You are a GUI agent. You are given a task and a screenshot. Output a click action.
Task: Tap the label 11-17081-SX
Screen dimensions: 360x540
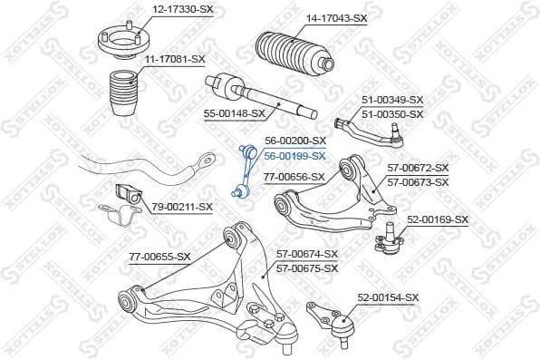175,59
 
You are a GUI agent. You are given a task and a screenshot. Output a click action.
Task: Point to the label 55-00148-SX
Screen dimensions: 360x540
235,114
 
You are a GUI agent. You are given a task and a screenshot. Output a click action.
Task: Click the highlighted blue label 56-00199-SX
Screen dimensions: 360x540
294,155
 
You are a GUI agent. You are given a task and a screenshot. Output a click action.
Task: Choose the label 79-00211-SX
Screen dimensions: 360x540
182,207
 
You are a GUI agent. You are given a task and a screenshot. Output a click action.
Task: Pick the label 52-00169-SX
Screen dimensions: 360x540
438,219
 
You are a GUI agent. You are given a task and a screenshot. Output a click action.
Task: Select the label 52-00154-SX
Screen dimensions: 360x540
388,297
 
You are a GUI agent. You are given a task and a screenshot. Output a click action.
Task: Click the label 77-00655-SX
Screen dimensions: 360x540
159,257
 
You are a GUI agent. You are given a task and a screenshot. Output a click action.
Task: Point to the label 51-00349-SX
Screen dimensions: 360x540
392,100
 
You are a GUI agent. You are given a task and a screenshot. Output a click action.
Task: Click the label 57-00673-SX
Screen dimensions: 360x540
418,182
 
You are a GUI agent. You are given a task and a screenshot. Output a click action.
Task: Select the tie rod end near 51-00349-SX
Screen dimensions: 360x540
371,129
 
